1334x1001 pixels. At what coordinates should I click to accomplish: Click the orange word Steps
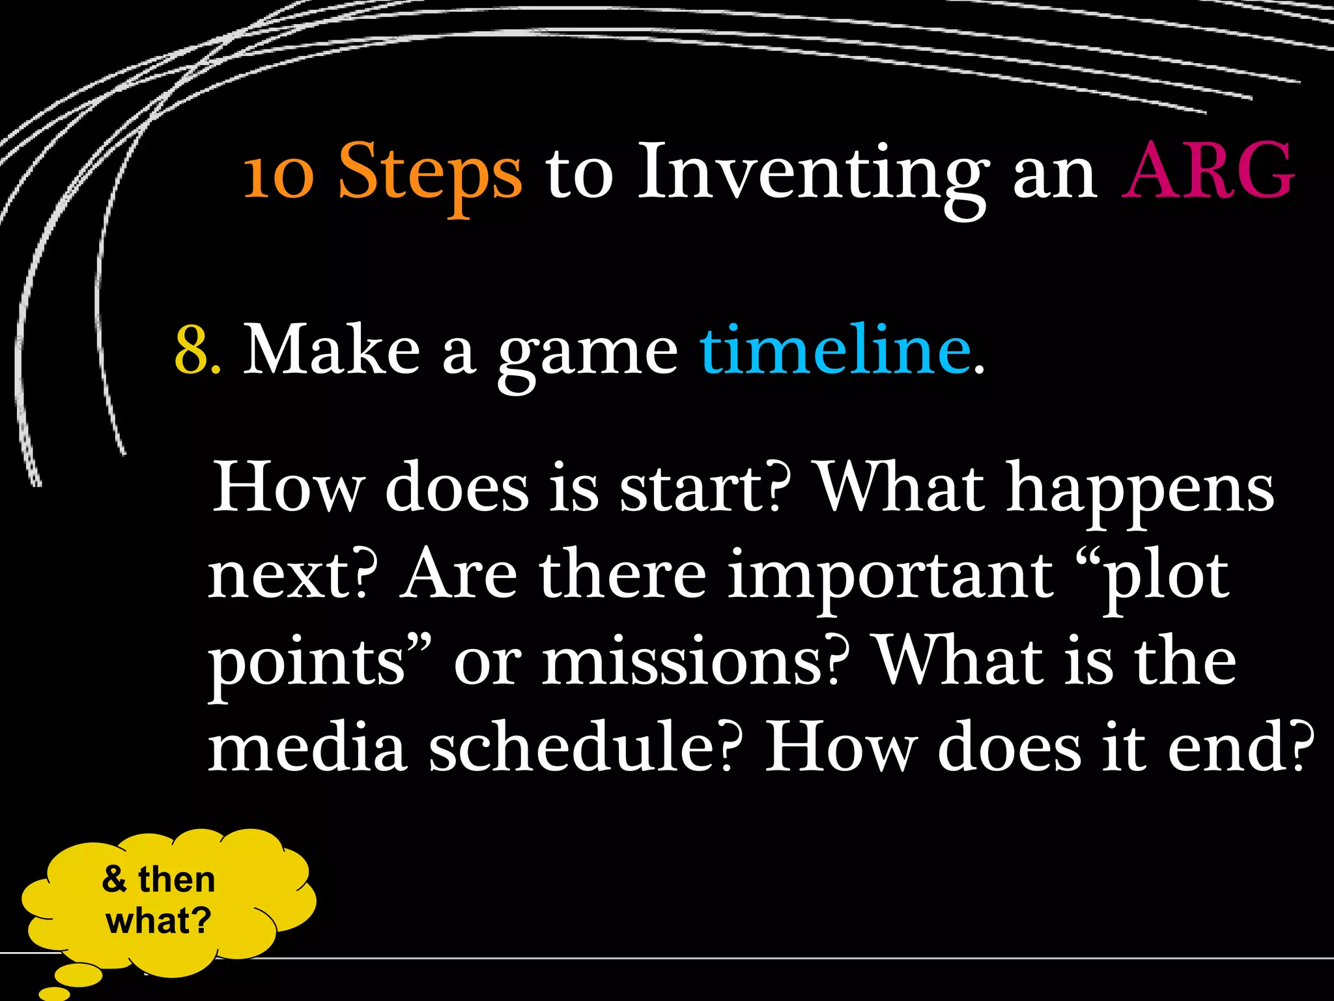(430, 173)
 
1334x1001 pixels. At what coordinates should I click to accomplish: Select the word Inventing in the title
(811, 173)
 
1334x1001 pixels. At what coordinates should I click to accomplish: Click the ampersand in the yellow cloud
(114, 879)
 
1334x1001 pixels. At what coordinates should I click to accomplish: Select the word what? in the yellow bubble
(159, 921)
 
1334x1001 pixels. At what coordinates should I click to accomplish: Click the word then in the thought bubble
(177, 879)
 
